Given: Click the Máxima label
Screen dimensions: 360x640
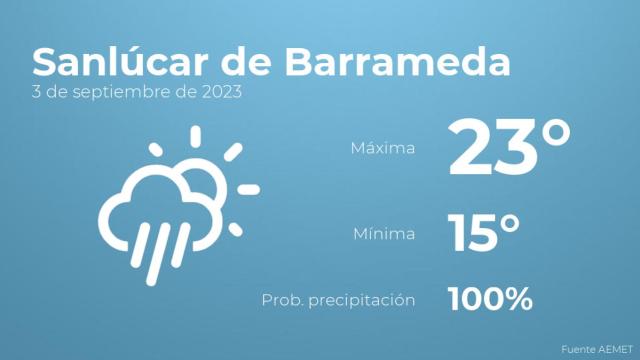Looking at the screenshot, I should pos(382,148).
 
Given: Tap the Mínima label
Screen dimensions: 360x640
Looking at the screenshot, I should pos(384,234).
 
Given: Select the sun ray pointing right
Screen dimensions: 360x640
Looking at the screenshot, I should pos(249,189).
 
